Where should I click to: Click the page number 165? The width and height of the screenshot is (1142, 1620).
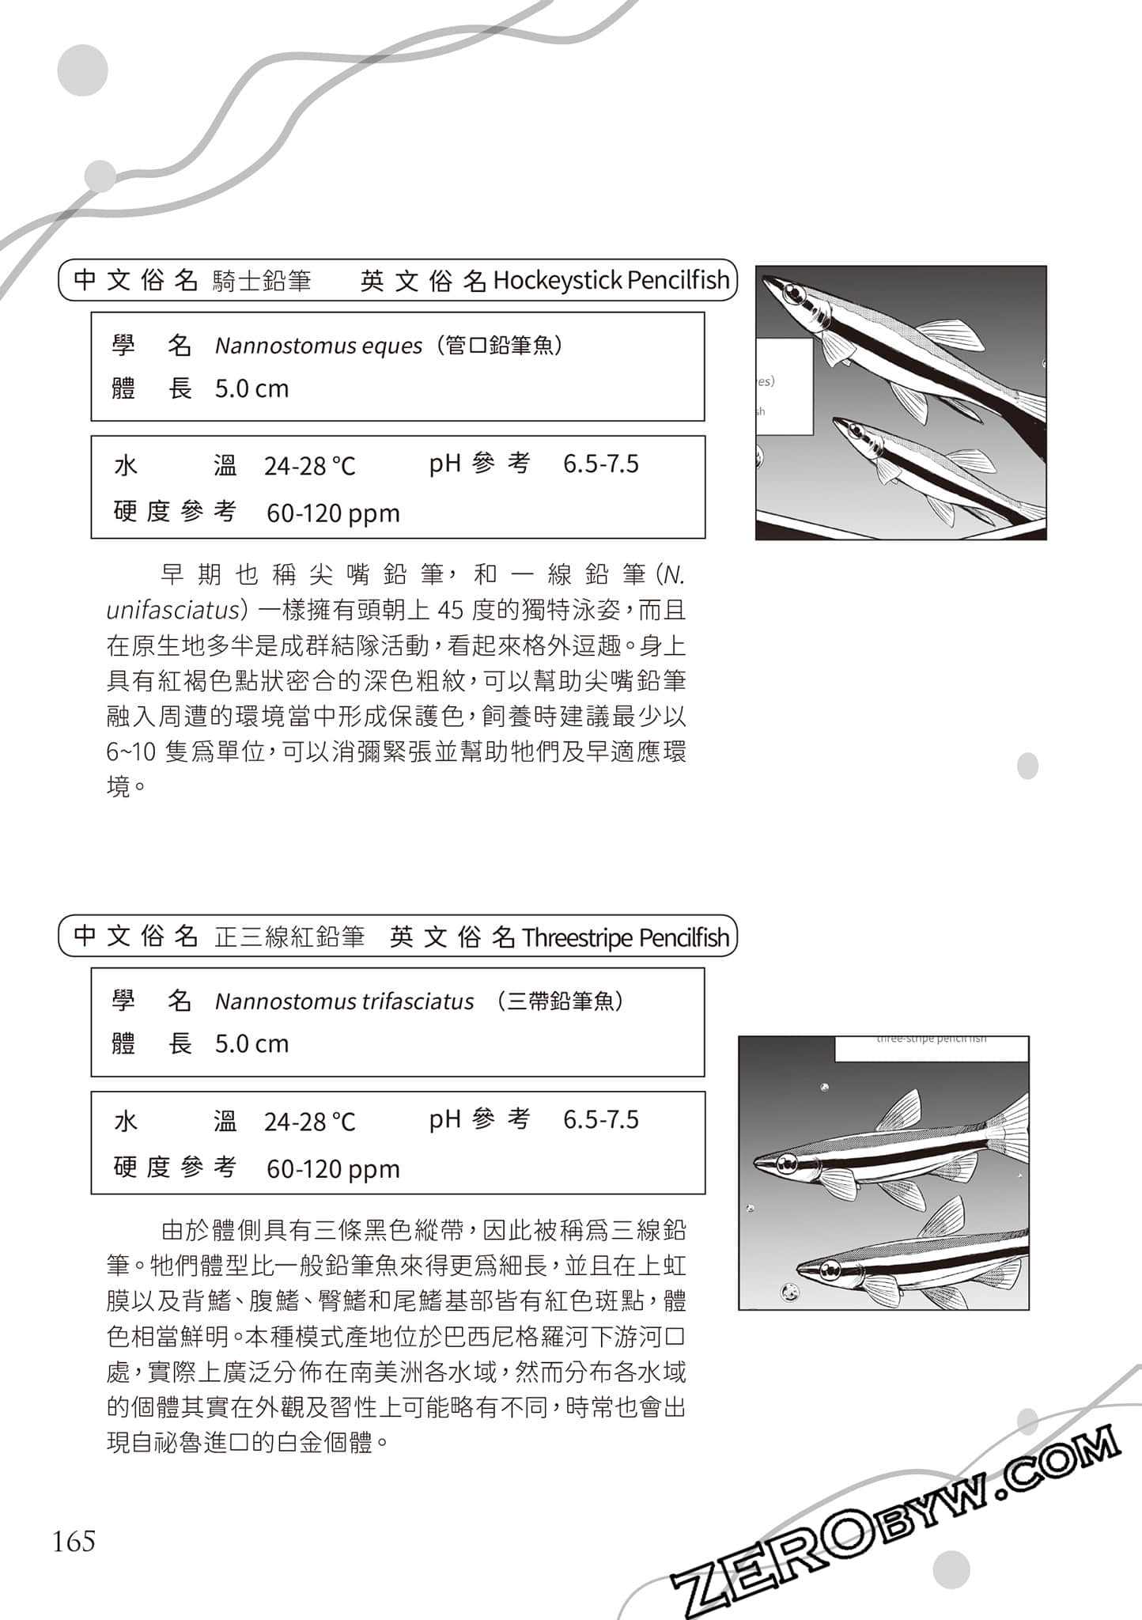[x=74, y=1541]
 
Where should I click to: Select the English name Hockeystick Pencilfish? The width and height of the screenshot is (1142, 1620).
[x=611, y=280]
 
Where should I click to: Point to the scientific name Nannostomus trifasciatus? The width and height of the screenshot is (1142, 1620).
[x=344, y=1001]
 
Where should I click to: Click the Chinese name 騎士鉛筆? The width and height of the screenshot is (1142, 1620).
[x=262, y=281]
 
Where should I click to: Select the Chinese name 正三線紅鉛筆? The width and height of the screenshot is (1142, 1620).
[x=289, y=937]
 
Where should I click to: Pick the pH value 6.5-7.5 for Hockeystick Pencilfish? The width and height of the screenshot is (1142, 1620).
[x=600, y=464]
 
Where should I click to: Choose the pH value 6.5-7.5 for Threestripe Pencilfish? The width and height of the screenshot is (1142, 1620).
[x=600, y=1120]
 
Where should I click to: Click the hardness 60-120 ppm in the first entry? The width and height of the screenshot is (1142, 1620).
[x=333, y=513]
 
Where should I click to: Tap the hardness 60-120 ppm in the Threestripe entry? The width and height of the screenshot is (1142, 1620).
[x=333, y=1169]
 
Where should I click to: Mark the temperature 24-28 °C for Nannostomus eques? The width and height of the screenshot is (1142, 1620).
[x=309, y=466]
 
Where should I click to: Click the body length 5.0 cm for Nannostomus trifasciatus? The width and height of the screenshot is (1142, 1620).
[x=251, y=1044]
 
